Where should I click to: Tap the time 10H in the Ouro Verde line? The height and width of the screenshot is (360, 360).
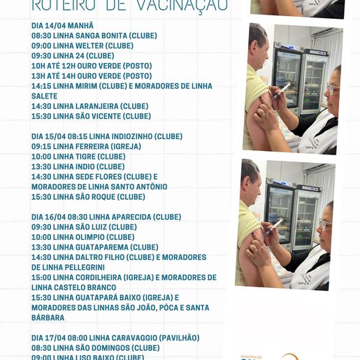click(39, 66)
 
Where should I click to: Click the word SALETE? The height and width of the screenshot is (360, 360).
click(45, 96)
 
